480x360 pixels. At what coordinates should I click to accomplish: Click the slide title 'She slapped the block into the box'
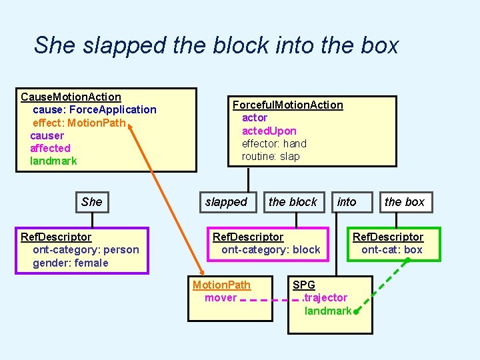(x=216, y=45)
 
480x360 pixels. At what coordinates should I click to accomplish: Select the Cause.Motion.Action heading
(x=71, y=97)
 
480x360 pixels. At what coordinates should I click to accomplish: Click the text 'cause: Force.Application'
(x=94, y=109)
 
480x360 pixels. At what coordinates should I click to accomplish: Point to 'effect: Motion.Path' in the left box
(x=79, y=122)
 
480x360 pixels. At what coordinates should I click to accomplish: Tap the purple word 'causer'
(x=47, y=135)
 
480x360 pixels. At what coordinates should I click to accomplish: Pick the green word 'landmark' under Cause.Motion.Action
(x=53, y=161)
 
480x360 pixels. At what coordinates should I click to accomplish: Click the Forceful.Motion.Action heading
(x=287, y=105)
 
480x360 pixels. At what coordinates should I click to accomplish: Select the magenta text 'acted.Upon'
(x=269, y=131)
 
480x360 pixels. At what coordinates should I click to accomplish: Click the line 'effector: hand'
(x=274, y=143)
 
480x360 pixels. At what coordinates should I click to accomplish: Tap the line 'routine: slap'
(x=271, y=156)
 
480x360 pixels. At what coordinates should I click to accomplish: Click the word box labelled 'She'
(x=92, y=201)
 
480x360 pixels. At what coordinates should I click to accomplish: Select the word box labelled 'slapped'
(x=226, y=201)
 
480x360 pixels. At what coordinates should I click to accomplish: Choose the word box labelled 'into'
(x=347, y=201)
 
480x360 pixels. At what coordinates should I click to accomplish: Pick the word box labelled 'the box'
(x=404, y=201)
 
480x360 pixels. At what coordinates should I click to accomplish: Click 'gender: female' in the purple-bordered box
(x=70, y=263)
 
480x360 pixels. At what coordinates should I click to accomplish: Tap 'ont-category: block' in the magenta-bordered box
(x=271, y=250)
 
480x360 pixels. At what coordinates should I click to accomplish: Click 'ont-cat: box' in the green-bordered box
(x=392, y=250)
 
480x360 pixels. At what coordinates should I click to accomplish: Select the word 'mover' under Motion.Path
(x=221, y=297)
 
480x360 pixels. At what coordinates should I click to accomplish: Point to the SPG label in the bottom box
(x=304, y=285)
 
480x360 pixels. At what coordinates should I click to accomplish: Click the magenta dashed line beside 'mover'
(x=267, y=300)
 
